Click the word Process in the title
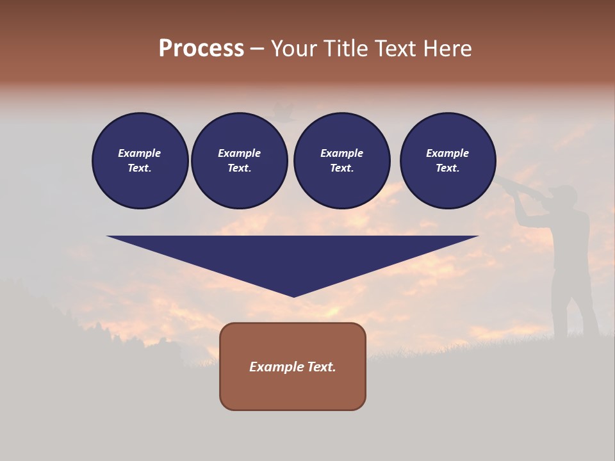click(201, 49)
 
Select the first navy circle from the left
click(140, 161)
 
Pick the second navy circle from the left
click(240, 161)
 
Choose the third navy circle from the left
click(341, 161)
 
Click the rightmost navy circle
click(448, 161)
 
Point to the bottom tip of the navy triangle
click(293, 296)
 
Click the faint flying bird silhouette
click(284, 113)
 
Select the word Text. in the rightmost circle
click(448, 168)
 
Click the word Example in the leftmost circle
click(140, 153)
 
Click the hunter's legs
click(573, 307)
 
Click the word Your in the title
click(293, 49)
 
